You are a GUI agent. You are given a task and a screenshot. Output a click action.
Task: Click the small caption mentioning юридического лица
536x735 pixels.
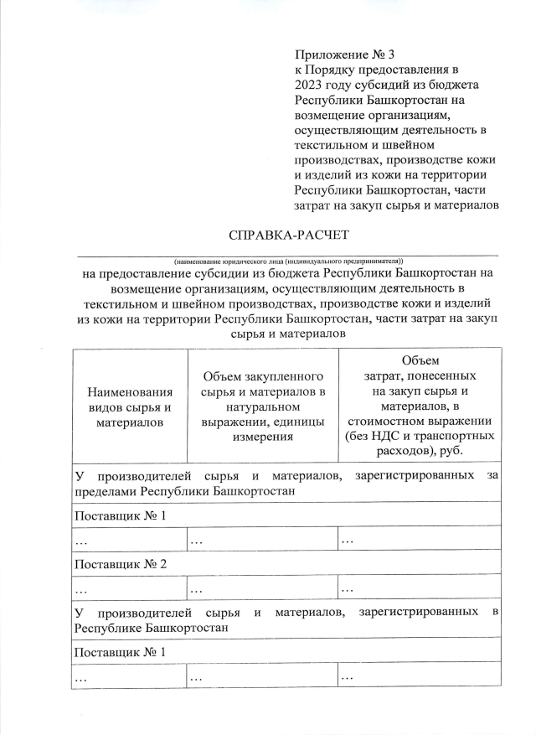(289, 261)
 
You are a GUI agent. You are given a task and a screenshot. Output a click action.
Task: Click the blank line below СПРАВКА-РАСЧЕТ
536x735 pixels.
(287, 254)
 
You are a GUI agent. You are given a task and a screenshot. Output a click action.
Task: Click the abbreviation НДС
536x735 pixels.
(384, 437)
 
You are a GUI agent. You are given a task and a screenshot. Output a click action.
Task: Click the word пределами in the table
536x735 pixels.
(105, 491)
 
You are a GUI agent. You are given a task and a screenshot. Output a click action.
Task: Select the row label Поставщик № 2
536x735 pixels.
(121, 563)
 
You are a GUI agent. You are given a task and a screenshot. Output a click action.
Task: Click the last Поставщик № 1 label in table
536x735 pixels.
(121, 651)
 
